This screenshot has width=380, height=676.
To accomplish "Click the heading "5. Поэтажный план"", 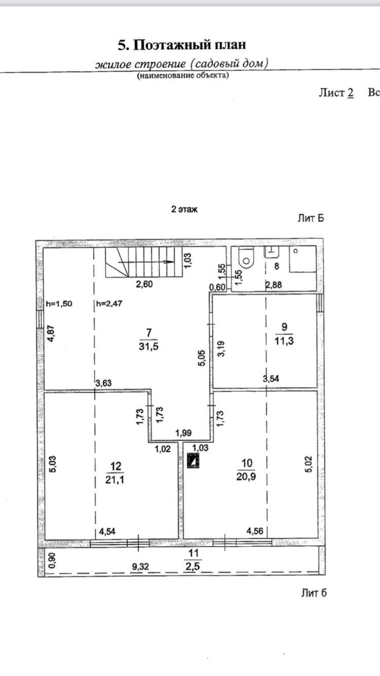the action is click(182, 45).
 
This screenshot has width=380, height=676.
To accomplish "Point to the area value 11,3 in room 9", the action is click(288, 341).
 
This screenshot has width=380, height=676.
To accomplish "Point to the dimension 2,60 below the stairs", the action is click(144, 284).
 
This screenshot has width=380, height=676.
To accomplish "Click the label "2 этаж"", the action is click(184, 209).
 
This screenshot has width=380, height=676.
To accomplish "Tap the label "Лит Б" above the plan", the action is click(310, 218).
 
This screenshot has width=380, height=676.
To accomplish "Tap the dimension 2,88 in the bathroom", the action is click(274, 285).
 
